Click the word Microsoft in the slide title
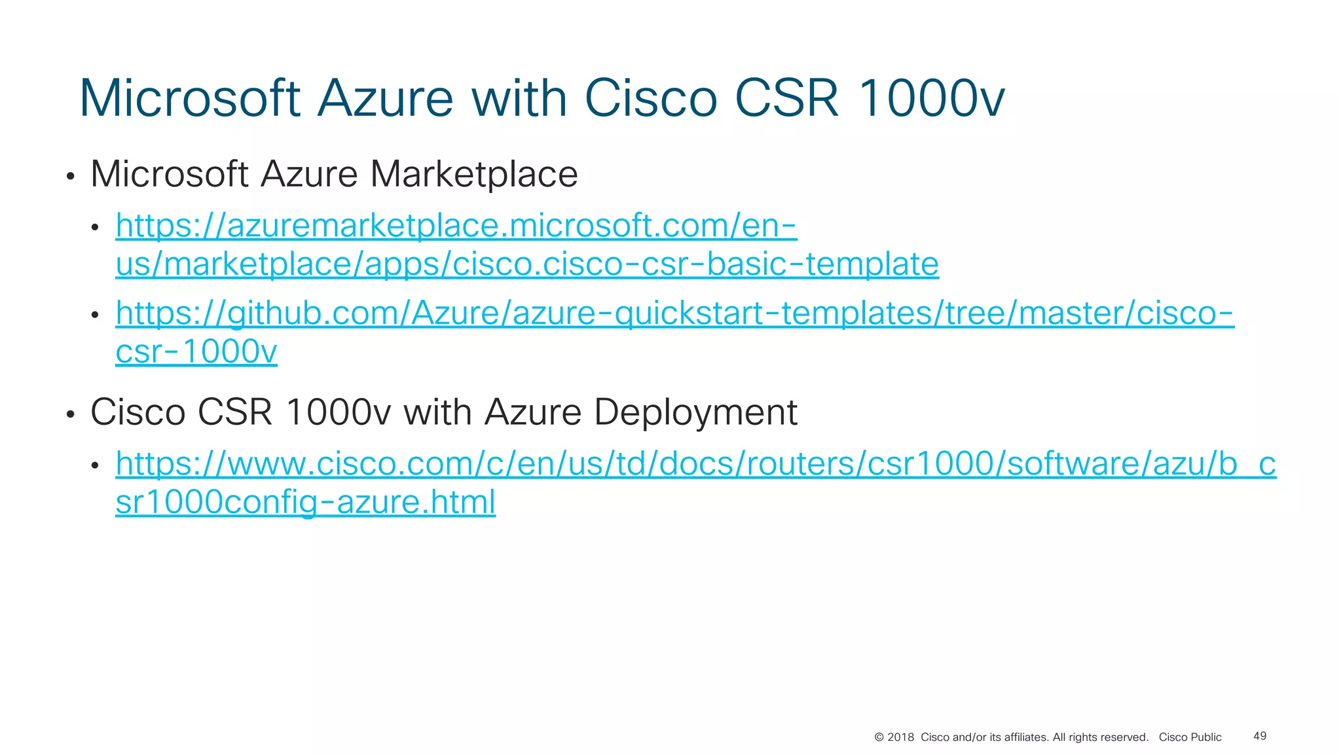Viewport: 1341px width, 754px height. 190,99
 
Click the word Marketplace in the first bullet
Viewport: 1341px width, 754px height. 473,174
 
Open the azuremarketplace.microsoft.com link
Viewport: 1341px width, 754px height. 456,226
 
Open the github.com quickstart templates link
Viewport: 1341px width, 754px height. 674,314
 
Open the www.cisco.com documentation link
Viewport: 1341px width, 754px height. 695,464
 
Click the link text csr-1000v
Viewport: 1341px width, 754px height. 196,352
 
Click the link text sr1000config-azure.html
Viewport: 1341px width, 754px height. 305,503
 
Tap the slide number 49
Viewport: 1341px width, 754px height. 1260,736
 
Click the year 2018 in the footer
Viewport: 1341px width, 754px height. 900,738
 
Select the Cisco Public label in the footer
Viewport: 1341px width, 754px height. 1190,738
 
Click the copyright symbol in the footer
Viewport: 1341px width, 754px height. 879,738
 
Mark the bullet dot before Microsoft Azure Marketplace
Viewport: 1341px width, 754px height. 71,177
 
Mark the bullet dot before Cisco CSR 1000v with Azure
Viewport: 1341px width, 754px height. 71,415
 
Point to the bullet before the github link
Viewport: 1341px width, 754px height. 96,315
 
